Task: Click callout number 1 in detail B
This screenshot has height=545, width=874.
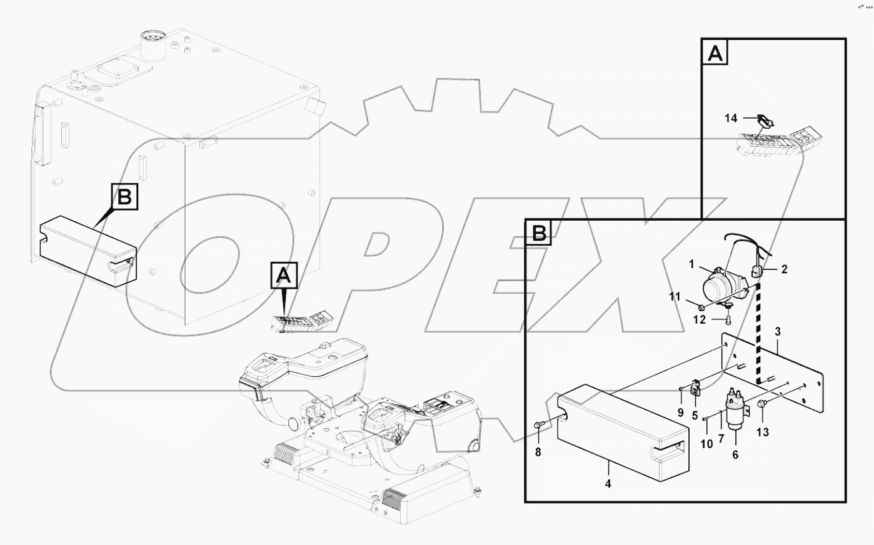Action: pyautogui.click(x=692, y=265)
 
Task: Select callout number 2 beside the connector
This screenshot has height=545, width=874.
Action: pyautogui.click(x=784, y=270)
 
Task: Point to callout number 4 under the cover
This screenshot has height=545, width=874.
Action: pyautogui.click(x=608, y=483)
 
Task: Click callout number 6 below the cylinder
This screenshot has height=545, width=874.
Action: pyautogui.click(x=735, y=455)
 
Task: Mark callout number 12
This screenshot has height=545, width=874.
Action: pyautogui.click(x=699, y=320)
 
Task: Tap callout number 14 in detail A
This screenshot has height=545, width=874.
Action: pyautogui.click(x=731, y=118)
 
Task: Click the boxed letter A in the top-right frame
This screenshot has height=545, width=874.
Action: pyautogui.click(x=715, y=54)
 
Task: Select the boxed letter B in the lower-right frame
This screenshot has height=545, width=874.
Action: pyautogui.click(x=539, y=234)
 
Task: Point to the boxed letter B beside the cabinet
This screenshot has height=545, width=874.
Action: pyautogui.click(x=124, y=197)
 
